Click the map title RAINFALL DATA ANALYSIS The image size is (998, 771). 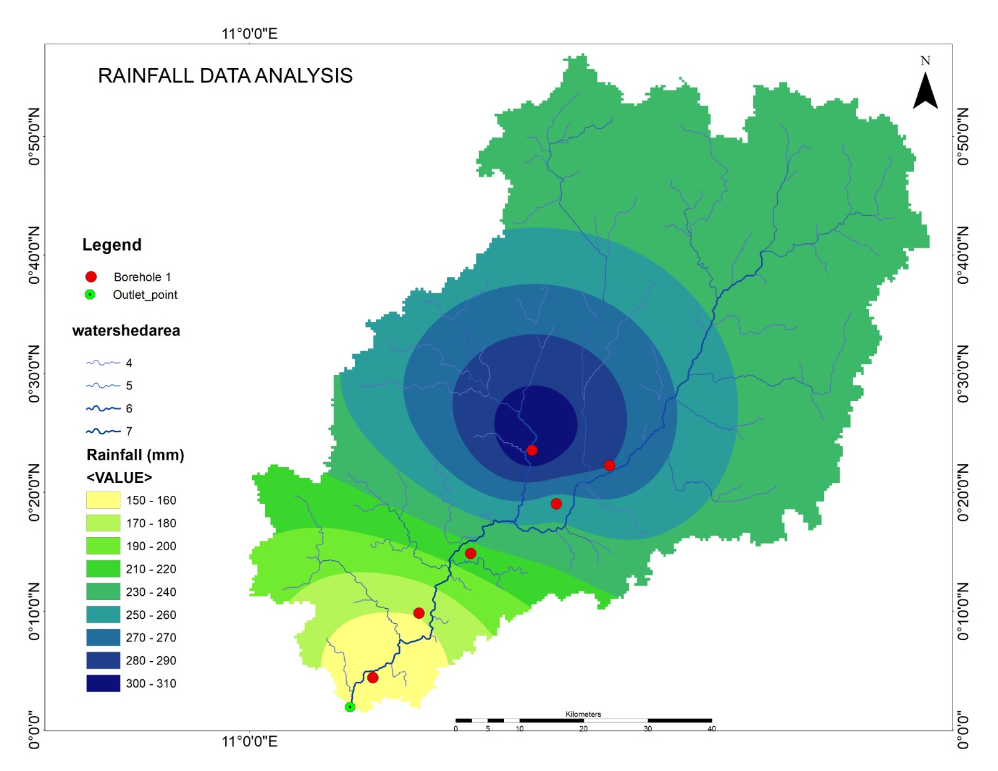tap(225, 75)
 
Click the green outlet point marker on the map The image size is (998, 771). tap(350, 707)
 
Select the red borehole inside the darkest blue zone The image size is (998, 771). tap(531, 450)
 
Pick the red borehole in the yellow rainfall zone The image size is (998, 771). tap(372, 677)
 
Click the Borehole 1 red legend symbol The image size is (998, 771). tap(91, 277)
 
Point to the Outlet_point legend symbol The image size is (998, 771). tap(90, 294)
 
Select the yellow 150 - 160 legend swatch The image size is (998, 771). tap(103, 500)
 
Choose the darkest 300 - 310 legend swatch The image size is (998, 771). tap(103, 683)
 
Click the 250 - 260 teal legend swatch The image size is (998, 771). tap(103, 614)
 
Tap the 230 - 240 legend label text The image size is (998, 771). tap(151, 592)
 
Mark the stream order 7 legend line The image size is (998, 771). tap(103, 431)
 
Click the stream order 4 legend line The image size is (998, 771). tap(103, 362)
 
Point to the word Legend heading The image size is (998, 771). tap(112, 245)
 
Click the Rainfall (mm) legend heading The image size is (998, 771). tap(135, 455)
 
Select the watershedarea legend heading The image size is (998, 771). tap(126, 331)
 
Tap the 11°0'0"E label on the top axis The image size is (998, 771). tap(249, 34)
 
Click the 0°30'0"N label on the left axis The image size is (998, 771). tap(34, 374)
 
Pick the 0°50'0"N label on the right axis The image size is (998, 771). tap(963, 137)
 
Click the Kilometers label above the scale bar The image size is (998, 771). tap(583, 714)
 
